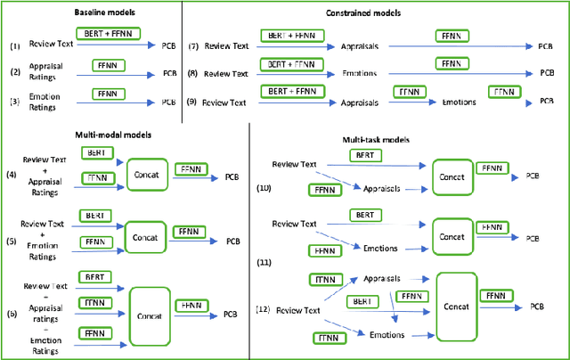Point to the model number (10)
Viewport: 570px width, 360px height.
tap(263, 188)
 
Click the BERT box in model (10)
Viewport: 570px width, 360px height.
tap(364, 155)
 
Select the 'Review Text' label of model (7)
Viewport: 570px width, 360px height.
tap(229, 45)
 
